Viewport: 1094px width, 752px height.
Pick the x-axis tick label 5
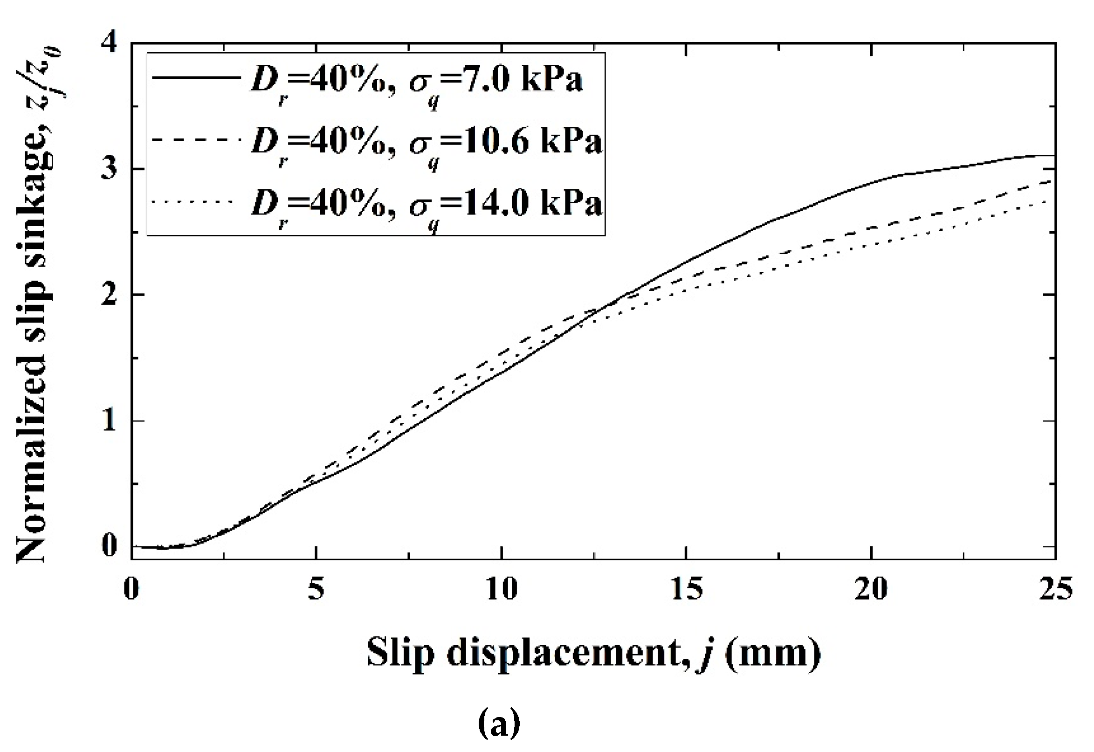(x=316, y=589)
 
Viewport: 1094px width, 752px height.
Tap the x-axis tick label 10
(x=501, y=589)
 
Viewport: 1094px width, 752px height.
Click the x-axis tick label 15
(x=686, y=589)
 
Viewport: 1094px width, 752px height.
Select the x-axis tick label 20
(x=871, y=589)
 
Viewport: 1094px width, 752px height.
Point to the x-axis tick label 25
(x=1056, y=589)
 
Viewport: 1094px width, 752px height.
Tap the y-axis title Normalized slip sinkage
(x=35, y=302)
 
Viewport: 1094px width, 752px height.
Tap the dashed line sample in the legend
(x=196, y=139)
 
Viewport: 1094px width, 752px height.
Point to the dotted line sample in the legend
(x=193, y=202)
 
